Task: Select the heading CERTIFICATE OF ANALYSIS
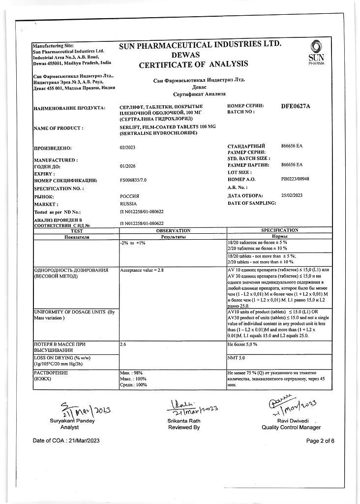193,64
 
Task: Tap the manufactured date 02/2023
127,147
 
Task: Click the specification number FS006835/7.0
133,180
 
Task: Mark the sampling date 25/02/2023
292,195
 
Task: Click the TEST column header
77,230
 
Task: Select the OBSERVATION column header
173,230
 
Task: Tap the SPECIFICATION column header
279,230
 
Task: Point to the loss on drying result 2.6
123,345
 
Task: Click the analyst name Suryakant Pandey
72,421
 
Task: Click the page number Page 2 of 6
320,441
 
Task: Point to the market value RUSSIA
128,203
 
